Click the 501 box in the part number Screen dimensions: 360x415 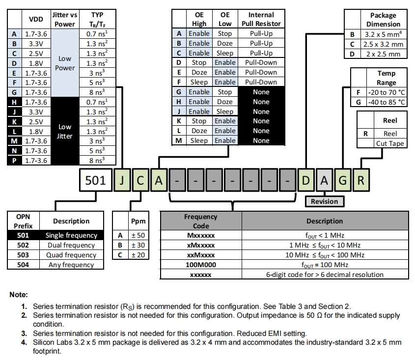click(x=95, y=180)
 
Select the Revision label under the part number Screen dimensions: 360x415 click(x=324, y=201)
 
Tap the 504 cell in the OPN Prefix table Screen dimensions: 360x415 click(x=23, y=265)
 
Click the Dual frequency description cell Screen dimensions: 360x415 click(x=71, y=245)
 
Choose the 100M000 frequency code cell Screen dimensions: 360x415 click(x=200, y=265)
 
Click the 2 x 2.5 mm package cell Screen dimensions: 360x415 click(x=384, y=54)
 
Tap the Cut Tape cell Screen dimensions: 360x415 click(x=389, y=143)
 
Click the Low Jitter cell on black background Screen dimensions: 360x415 click(x=65, y=131)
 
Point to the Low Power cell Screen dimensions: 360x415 click(x=65, y=63)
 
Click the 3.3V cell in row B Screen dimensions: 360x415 click(x=35, y=43)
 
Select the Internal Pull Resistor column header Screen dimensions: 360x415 click(x=261, y=19)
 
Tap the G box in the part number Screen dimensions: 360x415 click(x=342, y=180)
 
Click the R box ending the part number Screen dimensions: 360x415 click(x=361, y=180)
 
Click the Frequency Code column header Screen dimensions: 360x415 click(x=200, y=221)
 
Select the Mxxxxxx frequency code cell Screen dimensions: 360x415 click(x=200, y=235)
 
